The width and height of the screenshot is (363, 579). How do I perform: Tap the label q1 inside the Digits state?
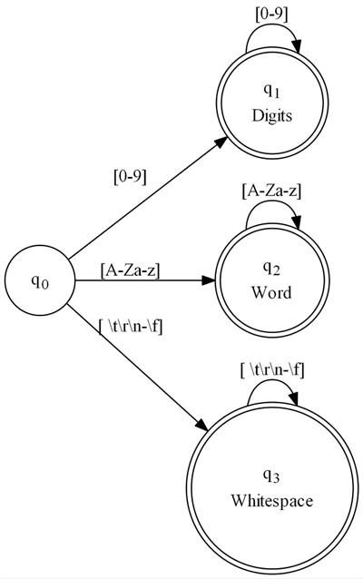pos(271,91)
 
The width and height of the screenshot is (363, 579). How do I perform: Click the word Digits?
pos(271,115)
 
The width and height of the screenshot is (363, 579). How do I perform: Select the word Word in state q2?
pos(271,292)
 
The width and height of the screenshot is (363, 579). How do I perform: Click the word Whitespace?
pos(271,501)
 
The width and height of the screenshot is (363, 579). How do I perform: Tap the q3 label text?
pos(271,476)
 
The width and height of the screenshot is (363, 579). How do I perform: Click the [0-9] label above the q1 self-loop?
pos(271,15)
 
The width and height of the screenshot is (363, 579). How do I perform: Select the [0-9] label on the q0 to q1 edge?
pos(130,177)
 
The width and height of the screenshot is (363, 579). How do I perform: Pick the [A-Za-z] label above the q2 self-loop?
pos(271,191)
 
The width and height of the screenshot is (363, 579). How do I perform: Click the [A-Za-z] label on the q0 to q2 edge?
pos(130,270)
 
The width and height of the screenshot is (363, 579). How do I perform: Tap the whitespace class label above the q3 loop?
pos(272,370)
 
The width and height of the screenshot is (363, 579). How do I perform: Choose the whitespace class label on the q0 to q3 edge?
pos(131,327)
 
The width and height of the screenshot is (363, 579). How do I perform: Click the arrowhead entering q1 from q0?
pos(221,142)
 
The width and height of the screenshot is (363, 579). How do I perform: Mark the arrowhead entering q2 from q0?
pos(209,280)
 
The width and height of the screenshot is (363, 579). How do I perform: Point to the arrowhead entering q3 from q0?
pos(202,425)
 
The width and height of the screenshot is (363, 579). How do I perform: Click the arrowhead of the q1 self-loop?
pos(297,46)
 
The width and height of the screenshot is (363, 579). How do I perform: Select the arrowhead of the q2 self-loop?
pos(297,223)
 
